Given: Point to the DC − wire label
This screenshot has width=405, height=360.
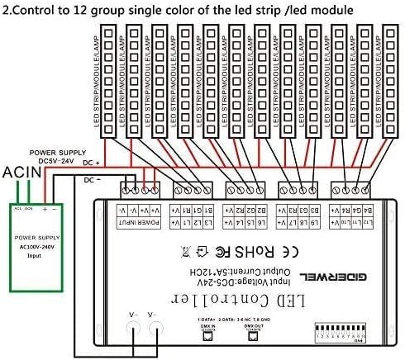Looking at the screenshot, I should [93, 178].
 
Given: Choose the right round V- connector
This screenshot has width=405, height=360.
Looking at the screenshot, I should [152, 327].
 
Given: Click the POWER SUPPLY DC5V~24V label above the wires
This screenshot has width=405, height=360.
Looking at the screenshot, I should [58, 157].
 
